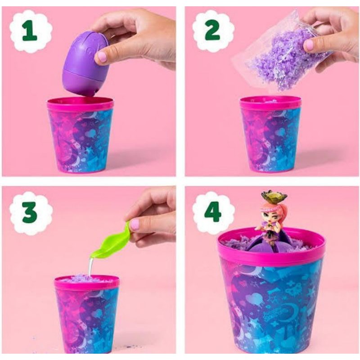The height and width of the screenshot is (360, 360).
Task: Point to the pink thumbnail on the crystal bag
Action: [309, 45]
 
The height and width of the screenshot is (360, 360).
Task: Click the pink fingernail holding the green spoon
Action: [134, 225]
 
